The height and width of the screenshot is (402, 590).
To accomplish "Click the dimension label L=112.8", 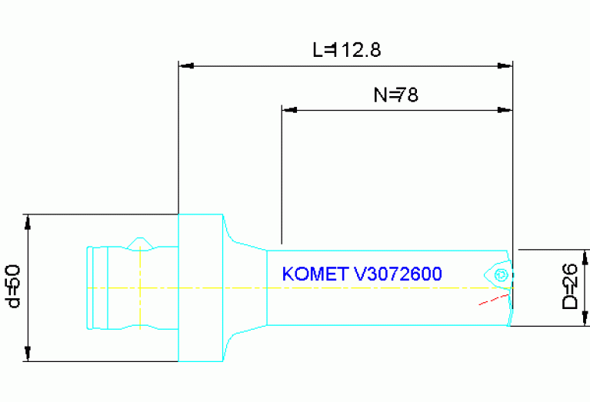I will pyautogui.click(x=347, y=51).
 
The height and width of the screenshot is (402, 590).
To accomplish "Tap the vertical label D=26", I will pyautogui.click(x=570, y=287).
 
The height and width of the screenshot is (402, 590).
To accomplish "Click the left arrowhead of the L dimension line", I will pyautogui.click(x=185, y=66).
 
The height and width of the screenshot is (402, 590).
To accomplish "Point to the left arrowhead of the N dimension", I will pyautogui.click(x=289, y=110).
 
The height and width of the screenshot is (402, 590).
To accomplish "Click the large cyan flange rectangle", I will pyautogui.click(x=201, y=287).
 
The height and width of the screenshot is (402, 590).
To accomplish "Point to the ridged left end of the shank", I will pyautogui.click(x=91, y=287).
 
